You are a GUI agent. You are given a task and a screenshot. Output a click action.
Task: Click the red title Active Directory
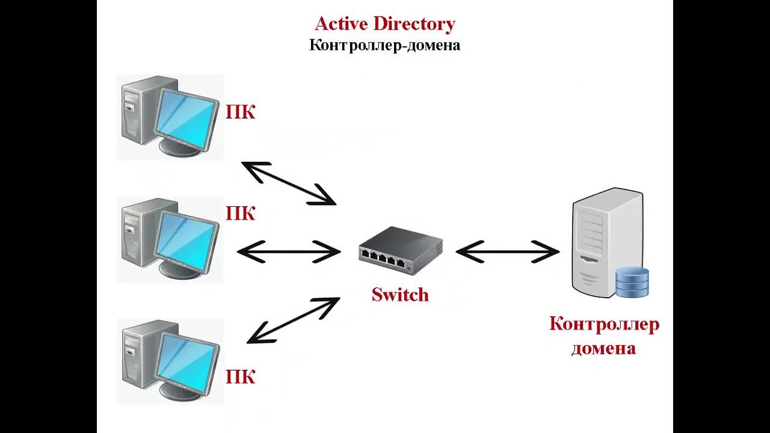[x=385, y=24]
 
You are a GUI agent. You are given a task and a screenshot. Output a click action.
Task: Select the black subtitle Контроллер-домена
[x=385, y=45]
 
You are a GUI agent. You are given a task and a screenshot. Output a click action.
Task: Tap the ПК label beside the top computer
[x=241, y=112]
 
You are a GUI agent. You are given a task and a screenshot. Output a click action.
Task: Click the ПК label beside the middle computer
[x=241, y=213]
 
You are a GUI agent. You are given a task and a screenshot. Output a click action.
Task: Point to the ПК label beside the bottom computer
[x=241, y=377]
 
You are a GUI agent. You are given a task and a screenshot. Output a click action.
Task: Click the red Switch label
[x=400, y=295]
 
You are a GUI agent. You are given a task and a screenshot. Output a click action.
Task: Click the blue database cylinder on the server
[x=632, y=283]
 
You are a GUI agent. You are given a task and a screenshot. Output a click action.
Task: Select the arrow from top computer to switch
[x=289, y=183]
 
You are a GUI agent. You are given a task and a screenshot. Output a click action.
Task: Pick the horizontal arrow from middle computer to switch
[x=289, y=251]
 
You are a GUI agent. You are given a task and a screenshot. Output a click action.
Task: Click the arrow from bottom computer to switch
[x=294, y=320]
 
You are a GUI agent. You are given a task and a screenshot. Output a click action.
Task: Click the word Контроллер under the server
[x=604, y=324]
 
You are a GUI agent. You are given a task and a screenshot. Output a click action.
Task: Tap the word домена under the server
[x=603, y=348]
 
